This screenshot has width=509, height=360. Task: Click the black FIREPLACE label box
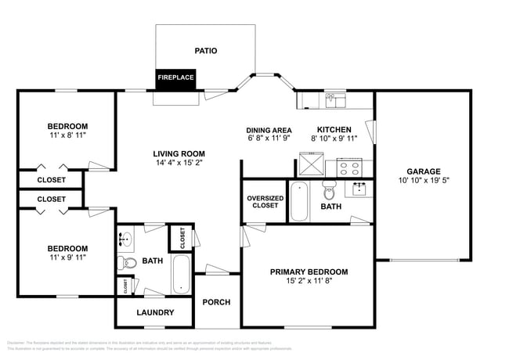click(175, 77)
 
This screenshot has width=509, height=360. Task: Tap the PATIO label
click(206, 51)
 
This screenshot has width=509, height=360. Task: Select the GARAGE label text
click(423, 171)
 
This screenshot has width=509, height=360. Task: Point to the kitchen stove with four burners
click(348, 166)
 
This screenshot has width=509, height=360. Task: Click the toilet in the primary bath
click(329, 191)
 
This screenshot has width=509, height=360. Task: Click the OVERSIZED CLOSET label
click(265, 202)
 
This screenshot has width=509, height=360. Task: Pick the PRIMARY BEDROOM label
click(309, 272)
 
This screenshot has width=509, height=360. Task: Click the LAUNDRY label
click(154, 313)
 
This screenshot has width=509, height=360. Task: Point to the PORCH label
click(215, 302)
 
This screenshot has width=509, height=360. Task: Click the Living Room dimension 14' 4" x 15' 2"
click(179, 164)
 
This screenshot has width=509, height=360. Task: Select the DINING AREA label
click(269, 130)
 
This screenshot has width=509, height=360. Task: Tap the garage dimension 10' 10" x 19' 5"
click(423, 181)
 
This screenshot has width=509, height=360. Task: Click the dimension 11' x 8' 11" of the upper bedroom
click(67, 135)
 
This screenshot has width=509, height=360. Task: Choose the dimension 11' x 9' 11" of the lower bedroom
click(67, 257)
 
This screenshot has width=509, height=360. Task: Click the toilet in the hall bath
click(128, 261)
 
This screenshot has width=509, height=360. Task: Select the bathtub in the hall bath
click(182, 273)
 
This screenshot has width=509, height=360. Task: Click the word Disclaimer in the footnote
click(15, 342)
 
